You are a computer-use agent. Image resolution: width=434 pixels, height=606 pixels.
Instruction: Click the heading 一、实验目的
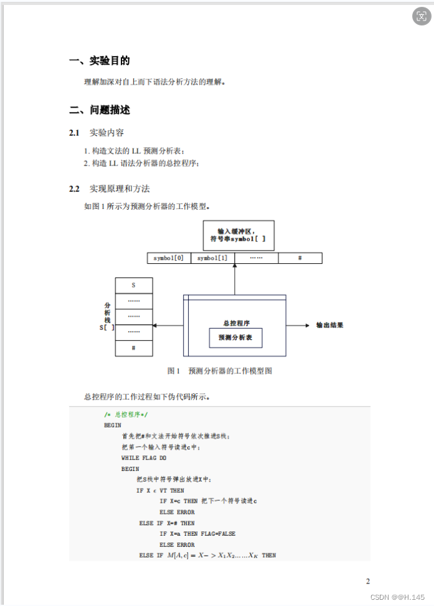100,61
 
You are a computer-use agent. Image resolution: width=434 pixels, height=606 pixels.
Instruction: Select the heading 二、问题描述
100,110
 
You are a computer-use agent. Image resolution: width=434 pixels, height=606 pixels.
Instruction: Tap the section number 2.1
75,133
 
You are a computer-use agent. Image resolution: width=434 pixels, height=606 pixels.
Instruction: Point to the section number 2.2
75,189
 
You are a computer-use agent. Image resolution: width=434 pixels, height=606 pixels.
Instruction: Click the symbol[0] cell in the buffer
169,258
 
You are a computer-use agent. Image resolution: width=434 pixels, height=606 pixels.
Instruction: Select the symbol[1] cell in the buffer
212,258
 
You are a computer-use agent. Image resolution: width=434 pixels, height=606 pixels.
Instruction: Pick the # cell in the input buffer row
300,258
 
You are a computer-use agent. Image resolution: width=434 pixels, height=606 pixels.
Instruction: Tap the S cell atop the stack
133,285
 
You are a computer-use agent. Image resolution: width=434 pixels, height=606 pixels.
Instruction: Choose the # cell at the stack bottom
133,348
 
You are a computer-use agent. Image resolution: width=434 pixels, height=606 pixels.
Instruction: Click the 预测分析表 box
235,337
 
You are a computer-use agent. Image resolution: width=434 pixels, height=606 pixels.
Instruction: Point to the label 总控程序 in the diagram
236,323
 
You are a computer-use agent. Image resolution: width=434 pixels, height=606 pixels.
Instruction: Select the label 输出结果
330,325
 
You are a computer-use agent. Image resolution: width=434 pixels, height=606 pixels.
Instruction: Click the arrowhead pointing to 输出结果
308,325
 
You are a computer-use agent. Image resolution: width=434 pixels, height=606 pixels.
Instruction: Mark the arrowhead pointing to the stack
155,325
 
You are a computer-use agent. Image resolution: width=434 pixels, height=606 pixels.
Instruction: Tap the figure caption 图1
173,371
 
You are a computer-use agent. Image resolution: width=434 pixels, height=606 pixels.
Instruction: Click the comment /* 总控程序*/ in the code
126,414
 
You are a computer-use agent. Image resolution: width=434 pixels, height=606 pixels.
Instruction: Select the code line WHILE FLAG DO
144,458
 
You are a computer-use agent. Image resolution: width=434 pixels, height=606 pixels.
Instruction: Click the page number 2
368,581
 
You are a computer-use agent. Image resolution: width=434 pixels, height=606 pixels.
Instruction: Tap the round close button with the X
421,16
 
